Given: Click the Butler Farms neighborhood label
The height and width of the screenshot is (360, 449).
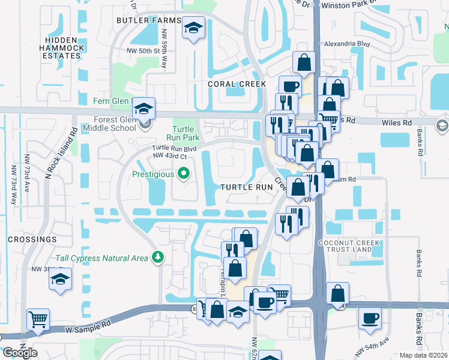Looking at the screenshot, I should coord(149,20).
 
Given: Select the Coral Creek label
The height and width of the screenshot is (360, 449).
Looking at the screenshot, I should coord(237,84).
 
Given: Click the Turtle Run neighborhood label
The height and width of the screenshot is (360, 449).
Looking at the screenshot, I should coord(247,187).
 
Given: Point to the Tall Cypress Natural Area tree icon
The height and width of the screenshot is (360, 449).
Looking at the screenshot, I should coord(158,258).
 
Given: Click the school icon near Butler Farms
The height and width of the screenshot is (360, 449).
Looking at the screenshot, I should coord(194,28).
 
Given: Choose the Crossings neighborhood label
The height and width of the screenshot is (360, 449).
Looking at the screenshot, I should coord(32,239).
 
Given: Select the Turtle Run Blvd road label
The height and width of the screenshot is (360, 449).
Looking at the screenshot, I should coord(174,148).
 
